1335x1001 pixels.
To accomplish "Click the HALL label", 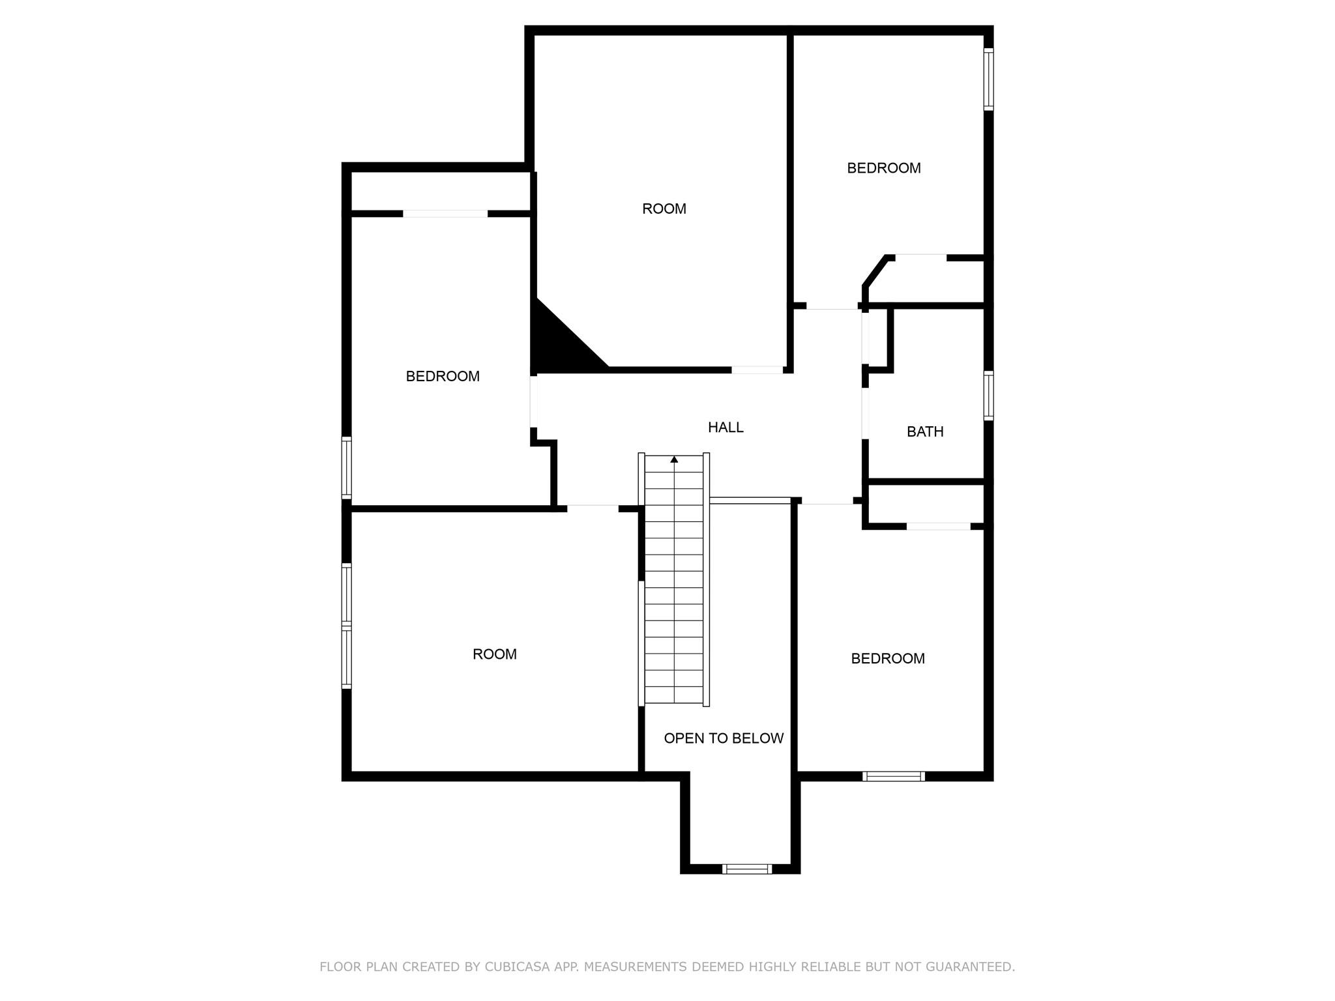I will pos(726,428).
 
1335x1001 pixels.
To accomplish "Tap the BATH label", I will pos(925,431).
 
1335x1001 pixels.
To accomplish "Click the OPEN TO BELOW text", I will pos(724,738).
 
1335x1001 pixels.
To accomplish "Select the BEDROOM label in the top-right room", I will pos(883,168).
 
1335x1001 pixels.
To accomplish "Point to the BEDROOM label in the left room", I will pos(443,376).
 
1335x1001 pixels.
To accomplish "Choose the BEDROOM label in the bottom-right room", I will pos(887,658).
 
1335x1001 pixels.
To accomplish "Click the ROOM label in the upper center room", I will pos(664,209).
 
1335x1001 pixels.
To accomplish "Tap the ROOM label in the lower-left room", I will pos(494,654).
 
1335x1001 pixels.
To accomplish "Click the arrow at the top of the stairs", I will pos(674,459).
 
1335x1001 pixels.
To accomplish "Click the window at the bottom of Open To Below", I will pos(747,869).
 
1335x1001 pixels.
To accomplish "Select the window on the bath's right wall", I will pos(988,396).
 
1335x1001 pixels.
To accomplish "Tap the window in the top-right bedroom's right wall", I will pos(988,79).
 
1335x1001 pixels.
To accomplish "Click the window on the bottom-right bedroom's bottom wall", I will pos(893,776).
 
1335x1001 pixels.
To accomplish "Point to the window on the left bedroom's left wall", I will pos(347,468).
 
